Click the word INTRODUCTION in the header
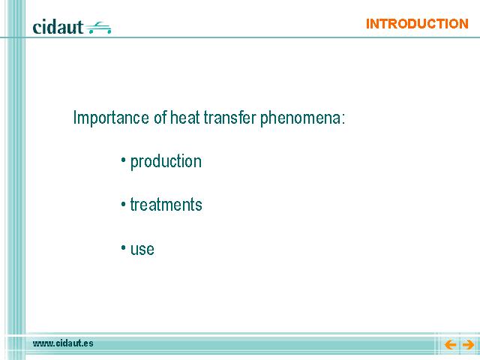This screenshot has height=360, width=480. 417,24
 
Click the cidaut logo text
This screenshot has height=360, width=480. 58,27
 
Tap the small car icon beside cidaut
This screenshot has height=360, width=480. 98,28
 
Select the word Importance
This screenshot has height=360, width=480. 111,118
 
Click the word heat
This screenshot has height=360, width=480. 185,117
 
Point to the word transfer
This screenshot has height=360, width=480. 229,117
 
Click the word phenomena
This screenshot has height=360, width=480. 300,118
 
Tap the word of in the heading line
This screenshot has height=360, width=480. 160,117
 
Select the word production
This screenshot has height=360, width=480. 166,162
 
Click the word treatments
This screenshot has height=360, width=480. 166,205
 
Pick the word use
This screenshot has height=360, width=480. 142,249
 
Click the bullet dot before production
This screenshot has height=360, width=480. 123,160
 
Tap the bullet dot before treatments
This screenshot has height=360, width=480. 123,203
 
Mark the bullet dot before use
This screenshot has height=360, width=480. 123,247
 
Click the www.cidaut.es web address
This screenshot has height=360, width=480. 63,343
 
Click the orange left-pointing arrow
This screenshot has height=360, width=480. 450,344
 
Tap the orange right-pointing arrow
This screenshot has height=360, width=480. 468,344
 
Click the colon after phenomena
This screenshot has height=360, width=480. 343,119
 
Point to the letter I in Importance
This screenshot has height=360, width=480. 75,117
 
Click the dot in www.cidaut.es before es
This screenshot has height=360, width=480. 81,346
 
